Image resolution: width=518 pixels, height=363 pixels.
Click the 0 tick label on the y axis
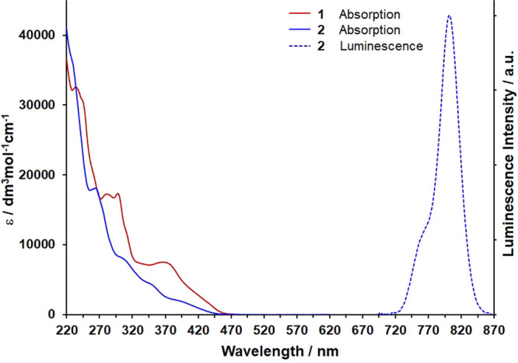click(51, 315)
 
